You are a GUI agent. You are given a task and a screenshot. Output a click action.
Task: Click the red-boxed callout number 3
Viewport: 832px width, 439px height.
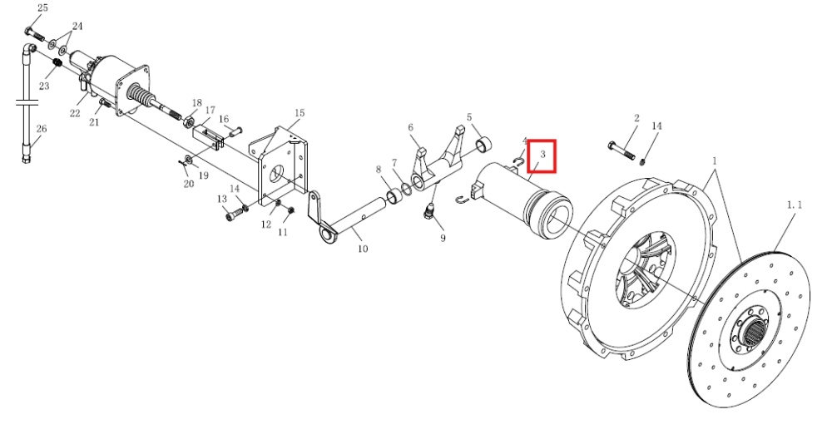tap(542, 155)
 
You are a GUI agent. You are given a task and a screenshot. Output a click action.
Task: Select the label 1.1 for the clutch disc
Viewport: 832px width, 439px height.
tap(794, 205)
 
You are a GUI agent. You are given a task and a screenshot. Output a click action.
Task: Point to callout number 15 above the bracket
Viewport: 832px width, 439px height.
tap(300, 113)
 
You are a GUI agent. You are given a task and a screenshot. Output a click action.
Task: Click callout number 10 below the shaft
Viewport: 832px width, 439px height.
tap(363, 249)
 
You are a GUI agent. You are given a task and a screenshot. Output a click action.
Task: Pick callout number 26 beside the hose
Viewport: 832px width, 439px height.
tap(42, 129)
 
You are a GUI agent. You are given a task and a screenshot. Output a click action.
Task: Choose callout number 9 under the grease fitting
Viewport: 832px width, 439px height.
tap(443, 238)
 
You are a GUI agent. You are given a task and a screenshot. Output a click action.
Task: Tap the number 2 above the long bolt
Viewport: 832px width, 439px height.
tap(636, 118)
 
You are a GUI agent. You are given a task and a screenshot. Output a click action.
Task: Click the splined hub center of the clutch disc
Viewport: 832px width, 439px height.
tap(754, 333)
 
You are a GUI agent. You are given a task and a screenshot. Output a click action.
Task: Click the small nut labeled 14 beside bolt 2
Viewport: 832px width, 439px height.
tap(642, 160)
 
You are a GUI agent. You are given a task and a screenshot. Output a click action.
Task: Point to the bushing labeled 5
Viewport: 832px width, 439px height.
tap(483, 144)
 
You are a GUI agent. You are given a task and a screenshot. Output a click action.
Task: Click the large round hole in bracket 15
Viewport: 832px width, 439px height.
tap(277, 175)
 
